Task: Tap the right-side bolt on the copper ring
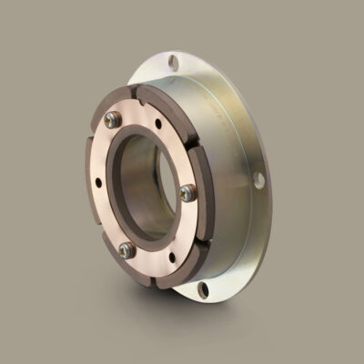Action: point(187,191)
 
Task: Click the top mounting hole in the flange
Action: point(174,63)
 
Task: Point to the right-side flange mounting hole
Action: point(258,180)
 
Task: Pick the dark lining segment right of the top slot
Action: point(168,101)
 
